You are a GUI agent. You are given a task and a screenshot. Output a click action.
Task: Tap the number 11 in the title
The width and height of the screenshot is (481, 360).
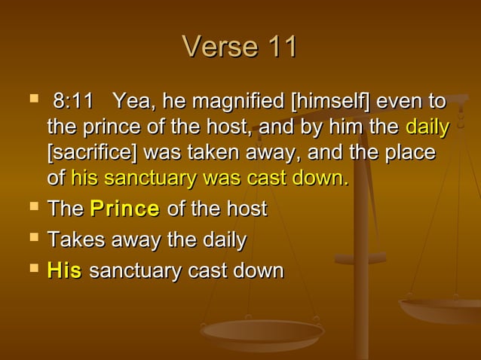point(279,47)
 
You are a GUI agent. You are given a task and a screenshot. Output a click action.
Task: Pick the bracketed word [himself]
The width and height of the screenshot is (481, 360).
point(326,101)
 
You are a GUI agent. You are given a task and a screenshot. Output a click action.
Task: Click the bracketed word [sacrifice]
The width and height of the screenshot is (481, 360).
point(92,152)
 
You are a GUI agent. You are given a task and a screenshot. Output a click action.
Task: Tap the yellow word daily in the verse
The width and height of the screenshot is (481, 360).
point(427,127)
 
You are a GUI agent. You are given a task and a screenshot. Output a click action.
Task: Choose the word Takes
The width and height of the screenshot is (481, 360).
point(72,240)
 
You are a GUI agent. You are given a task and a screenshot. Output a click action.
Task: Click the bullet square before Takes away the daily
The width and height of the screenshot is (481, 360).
point(32,239)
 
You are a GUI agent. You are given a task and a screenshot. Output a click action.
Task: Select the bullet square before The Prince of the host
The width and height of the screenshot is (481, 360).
point(32,208)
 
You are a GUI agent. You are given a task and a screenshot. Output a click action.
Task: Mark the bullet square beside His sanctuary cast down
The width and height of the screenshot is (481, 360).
point(32,269)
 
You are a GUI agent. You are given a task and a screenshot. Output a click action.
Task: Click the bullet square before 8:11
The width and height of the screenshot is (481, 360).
point(32,99)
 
